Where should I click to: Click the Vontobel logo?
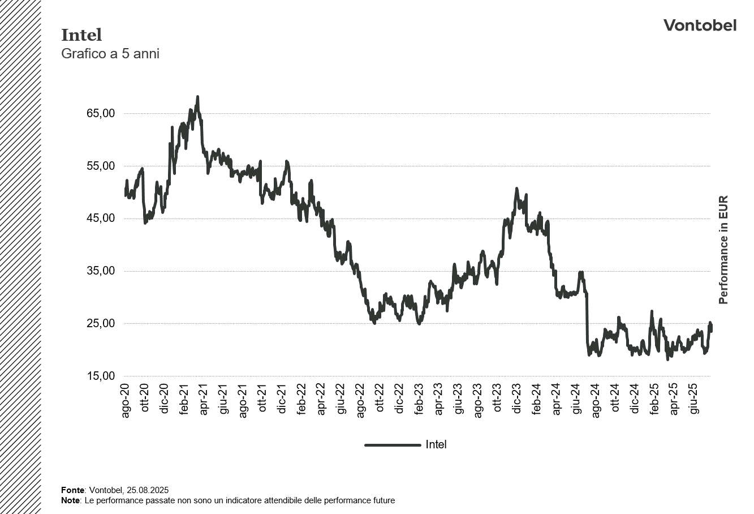[x=700, y=25]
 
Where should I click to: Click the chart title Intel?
[x=81, y=35]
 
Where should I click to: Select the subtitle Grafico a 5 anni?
[x=110, y=54]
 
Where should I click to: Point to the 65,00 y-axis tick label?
[x=101, y=113]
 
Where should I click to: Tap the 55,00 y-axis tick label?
[x=101, y=166]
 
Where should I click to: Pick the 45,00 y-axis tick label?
[x=101, y=219]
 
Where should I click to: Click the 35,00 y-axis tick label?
[x=101, y=271]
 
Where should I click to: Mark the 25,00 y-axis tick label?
[x=101, y=324]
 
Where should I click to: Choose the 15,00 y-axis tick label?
[x=101, y=376]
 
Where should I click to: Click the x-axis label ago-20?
[x=126, y=401]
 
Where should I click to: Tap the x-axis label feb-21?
[x=184, y=401]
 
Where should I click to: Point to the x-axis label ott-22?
[x=380, y=401]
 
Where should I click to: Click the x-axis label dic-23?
[x=517, y=401]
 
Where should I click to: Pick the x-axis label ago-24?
[x=595, y=401]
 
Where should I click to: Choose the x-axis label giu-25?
[x=693, y=400]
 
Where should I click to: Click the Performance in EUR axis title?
[x=723, y=250]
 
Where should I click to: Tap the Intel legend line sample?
[x=393, y=445]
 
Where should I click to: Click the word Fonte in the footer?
[x=72, y=490]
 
